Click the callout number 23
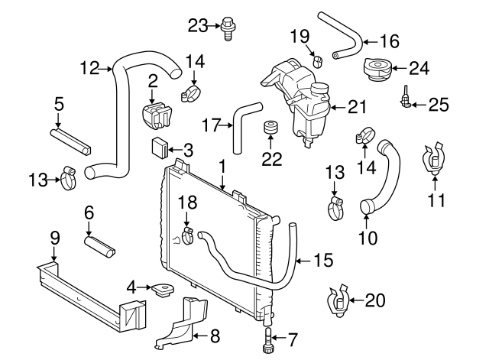pos(198,26)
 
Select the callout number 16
pos(390,42)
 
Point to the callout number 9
pos(53,238)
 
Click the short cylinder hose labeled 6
pos(99,246)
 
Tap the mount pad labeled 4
pos(161,290)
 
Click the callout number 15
pos(324,260)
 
